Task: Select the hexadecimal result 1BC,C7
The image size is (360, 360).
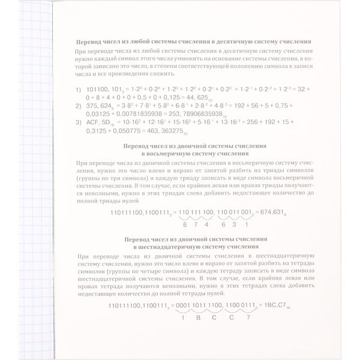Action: coord(262,304)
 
